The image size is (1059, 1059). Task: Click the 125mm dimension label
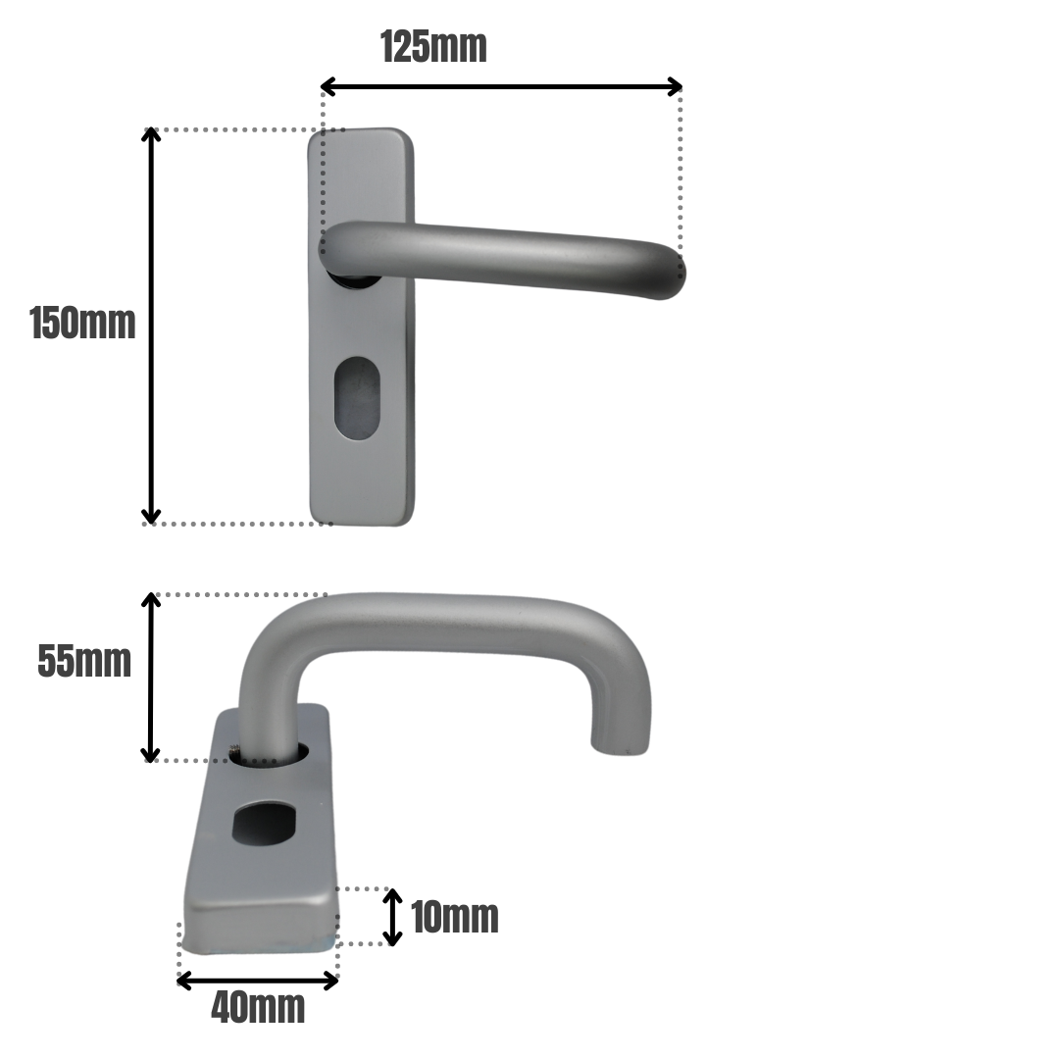[433, 46]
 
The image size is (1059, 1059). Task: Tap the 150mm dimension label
[82, 324]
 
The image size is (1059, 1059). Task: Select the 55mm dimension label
[84, 662]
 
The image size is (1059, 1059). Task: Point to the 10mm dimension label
[454, 918]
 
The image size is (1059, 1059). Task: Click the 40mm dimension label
[258, 1007]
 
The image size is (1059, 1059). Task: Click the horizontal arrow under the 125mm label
[501, 87]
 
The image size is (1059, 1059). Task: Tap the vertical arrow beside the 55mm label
[150, 677]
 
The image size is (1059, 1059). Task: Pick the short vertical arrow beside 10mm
[392, 917]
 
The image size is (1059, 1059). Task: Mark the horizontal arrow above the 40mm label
[258, 980]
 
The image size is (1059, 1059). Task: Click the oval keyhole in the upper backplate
[357, 398]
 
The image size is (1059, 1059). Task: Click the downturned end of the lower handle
[620, 735]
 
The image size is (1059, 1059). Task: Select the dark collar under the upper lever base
[355, 280]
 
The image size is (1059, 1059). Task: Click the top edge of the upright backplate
[360, 130]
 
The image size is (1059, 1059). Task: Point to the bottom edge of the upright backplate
[361, 523]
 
